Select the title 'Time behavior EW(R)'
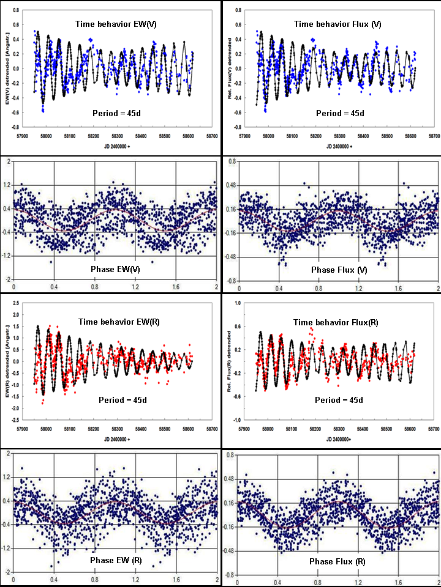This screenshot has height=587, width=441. point(115,322)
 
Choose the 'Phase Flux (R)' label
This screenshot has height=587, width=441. point(338,561)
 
